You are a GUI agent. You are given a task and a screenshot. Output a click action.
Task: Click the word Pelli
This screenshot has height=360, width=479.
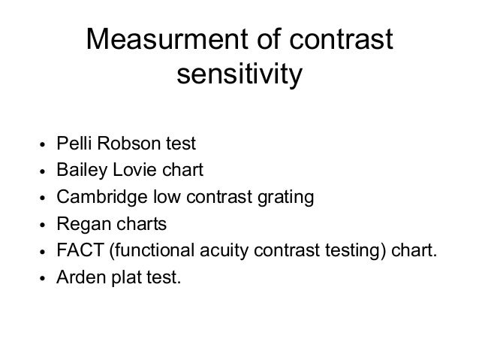point(74,142)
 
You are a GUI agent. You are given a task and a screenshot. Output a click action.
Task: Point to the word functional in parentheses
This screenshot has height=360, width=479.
point(149,251)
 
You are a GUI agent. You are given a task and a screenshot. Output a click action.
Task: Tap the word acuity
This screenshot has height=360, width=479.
point(217,251)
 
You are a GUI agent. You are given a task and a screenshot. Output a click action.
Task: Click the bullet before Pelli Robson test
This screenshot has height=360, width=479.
point(44,144)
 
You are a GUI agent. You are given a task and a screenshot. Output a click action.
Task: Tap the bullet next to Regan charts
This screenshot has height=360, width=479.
point(44,225)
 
